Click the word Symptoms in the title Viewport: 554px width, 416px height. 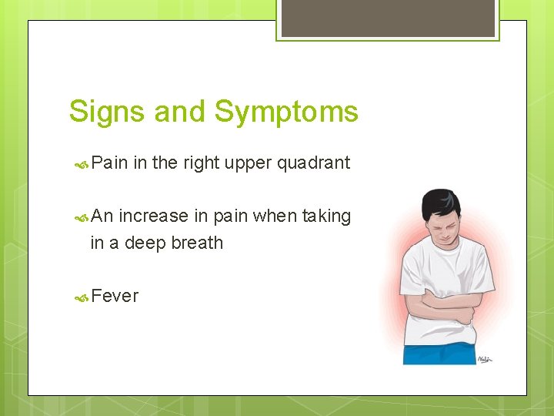coord(286,112)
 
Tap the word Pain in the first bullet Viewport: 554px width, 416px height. coord(109,163)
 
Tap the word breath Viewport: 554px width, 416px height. coord(196,243)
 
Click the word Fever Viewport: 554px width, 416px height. coord(115,296)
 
